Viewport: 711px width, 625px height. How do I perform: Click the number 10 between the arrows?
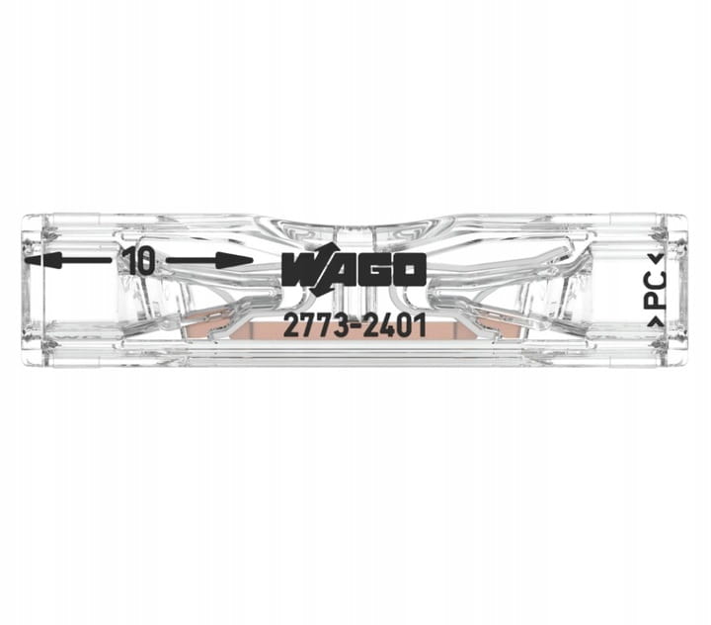point(141,261)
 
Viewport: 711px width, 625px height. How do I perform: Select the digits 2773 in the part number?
point(317,326)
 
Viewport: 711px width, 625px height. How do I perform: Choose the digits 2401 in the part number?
point(395,326)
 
